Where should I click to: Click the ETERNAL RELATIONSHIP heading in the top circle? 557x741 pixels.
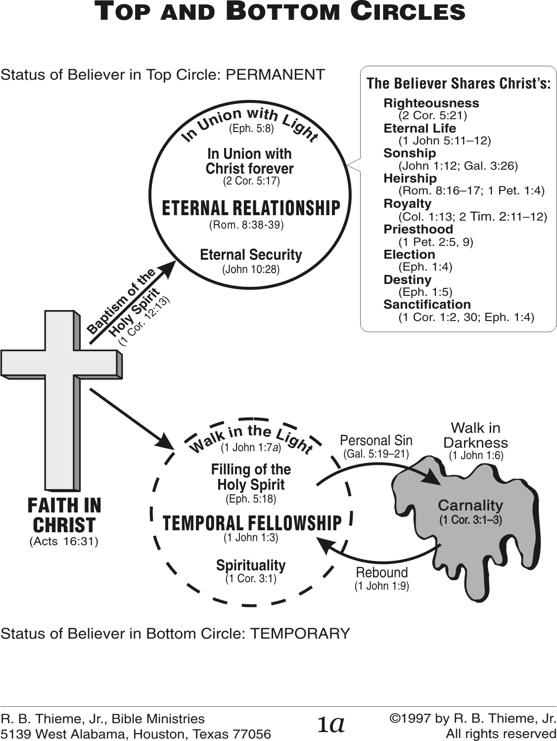coord(251,208)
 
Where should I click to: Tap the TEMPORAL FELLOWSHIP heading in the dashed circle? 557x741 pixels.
coord(252,523)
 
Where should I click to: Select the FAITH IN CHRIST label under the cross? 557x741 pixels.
coord(64,515)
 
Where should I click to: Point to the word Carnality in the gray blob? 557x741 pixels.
coord(470,505)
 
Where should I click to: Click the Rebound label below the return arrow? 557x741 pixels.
coord(382,572)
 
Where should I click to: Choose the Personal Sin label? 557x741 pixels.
coord(376,440)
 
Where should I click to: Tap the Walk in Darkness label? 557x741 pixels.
coord(475,435)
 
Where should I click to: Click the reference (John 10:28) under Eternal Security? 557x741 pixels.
coord(251,270)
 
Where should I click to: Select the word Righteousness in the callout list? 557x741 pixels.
coord(431,103)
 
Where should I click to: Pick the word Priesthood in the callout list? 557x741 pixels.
coord(418,229)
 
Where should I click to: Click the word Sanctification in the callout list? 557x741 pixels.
coord(427,304)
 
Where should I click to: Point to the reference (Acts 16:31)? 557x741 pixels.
coord(64,541)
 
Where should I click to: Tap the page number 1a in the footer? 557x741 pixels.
coord(331,724)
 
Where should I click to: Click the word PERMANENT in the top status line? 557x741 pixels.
coord(275,75)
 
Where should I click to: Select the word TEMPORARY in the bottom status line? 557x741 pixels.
coord(300,633)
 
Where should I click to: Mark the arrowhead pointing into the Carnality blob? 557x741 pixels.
coord(434,479)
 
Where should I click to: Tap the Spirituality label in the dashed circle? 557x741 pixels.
coord(251,565)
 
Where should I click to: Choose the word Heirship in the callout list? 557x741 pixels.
coord(410,178)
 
